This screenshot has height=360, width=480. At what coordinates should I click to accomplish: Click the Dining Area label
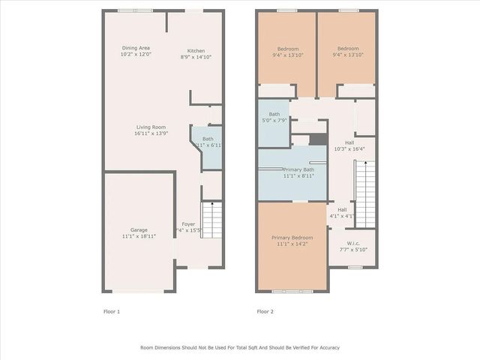pos(136,48)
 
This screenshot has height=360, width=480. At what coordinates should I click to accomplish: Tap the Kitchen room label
pos(196,51)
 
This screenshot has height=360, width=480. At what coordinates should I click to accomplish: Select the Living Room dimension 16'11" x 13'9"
pos(150,133)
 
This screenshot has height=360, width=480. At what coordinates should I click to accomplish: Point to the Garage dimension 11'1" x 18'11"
pos(138,235)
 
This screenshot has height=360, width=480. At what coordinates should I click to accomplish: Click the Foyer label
pos(187,223)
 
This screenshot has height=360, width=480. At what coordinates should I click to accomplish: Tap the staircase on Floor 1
pos(212,220)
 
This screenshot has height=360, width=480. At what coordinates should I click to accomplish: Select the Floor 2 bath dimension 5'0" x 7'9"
pos(274,120)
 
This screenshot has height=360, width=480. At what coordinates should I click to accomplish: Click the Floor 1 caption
pos(111,310)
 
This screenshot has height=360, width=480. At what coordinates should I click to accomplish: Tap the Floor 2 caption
pos(265,310)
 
